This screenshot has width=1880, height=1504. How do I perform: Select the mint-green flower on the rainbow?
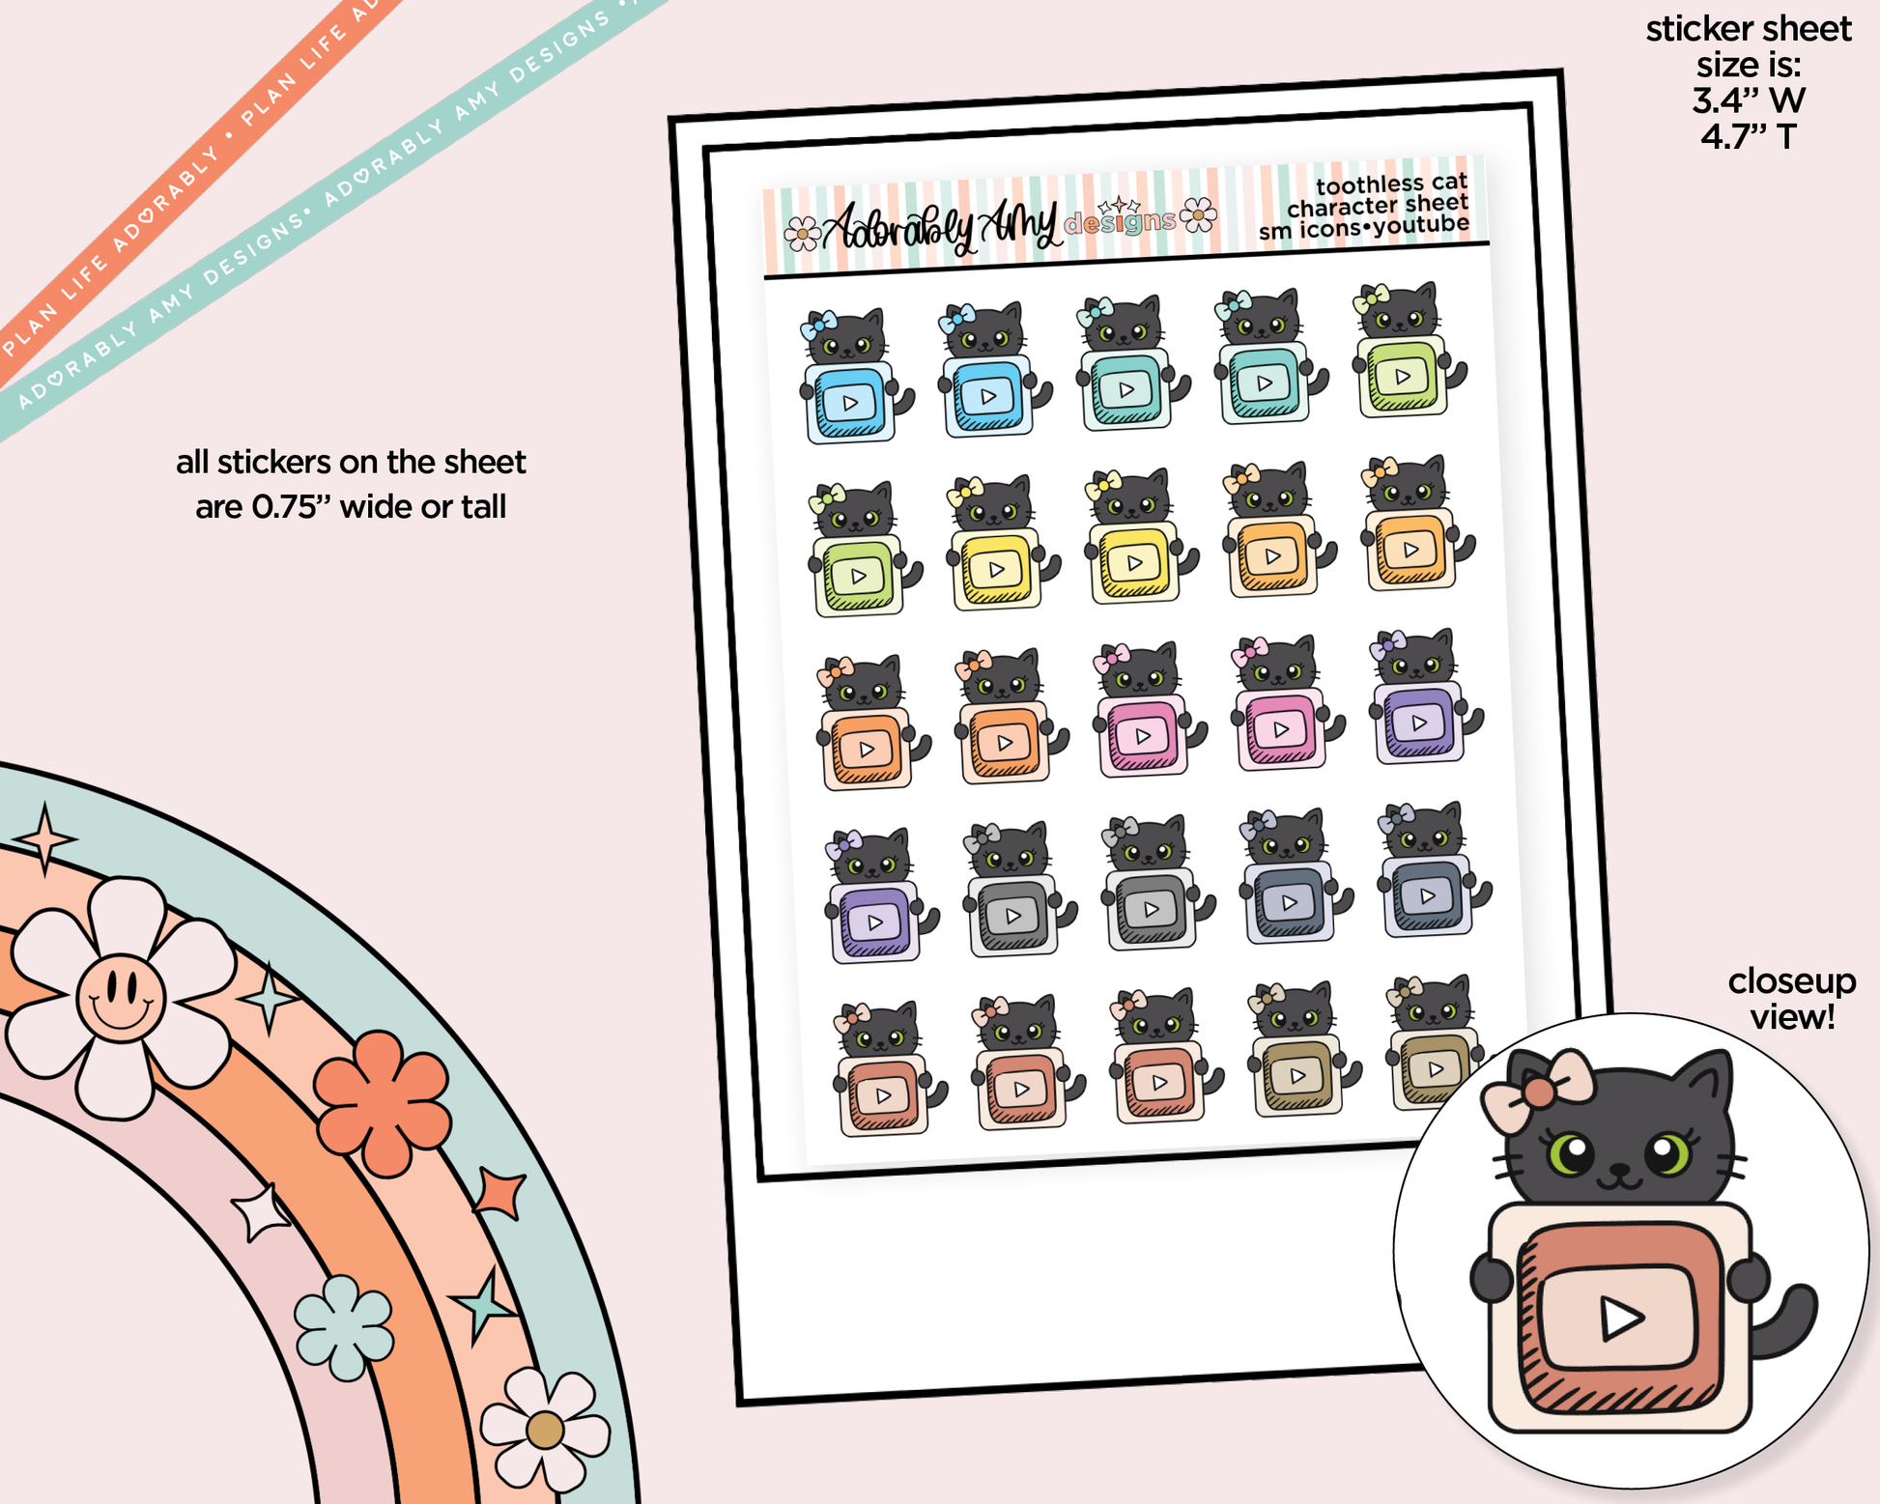click(343, 1327)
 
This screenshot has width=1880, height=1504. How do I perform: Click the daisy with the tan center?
click(545, 1431)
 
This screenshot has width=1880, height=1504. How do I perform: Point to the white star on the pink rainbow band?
click(259, 1211)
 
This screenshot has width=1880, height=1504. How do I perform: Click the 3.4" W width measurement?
click(1748, 100)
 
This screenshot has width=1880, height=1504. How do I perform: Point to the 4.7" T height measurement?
click(1748, 137)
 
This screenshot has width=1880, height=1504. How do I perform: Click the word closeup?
click(1791, 982)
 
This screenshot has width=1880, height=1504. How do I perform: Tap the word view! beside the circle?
click(1791, 1017)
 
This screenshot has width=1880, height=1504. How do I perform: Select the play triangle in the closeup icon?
click(1622, 1318)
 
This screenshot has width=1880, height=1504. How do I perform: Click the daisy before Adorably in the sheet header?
click(802, 233)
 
